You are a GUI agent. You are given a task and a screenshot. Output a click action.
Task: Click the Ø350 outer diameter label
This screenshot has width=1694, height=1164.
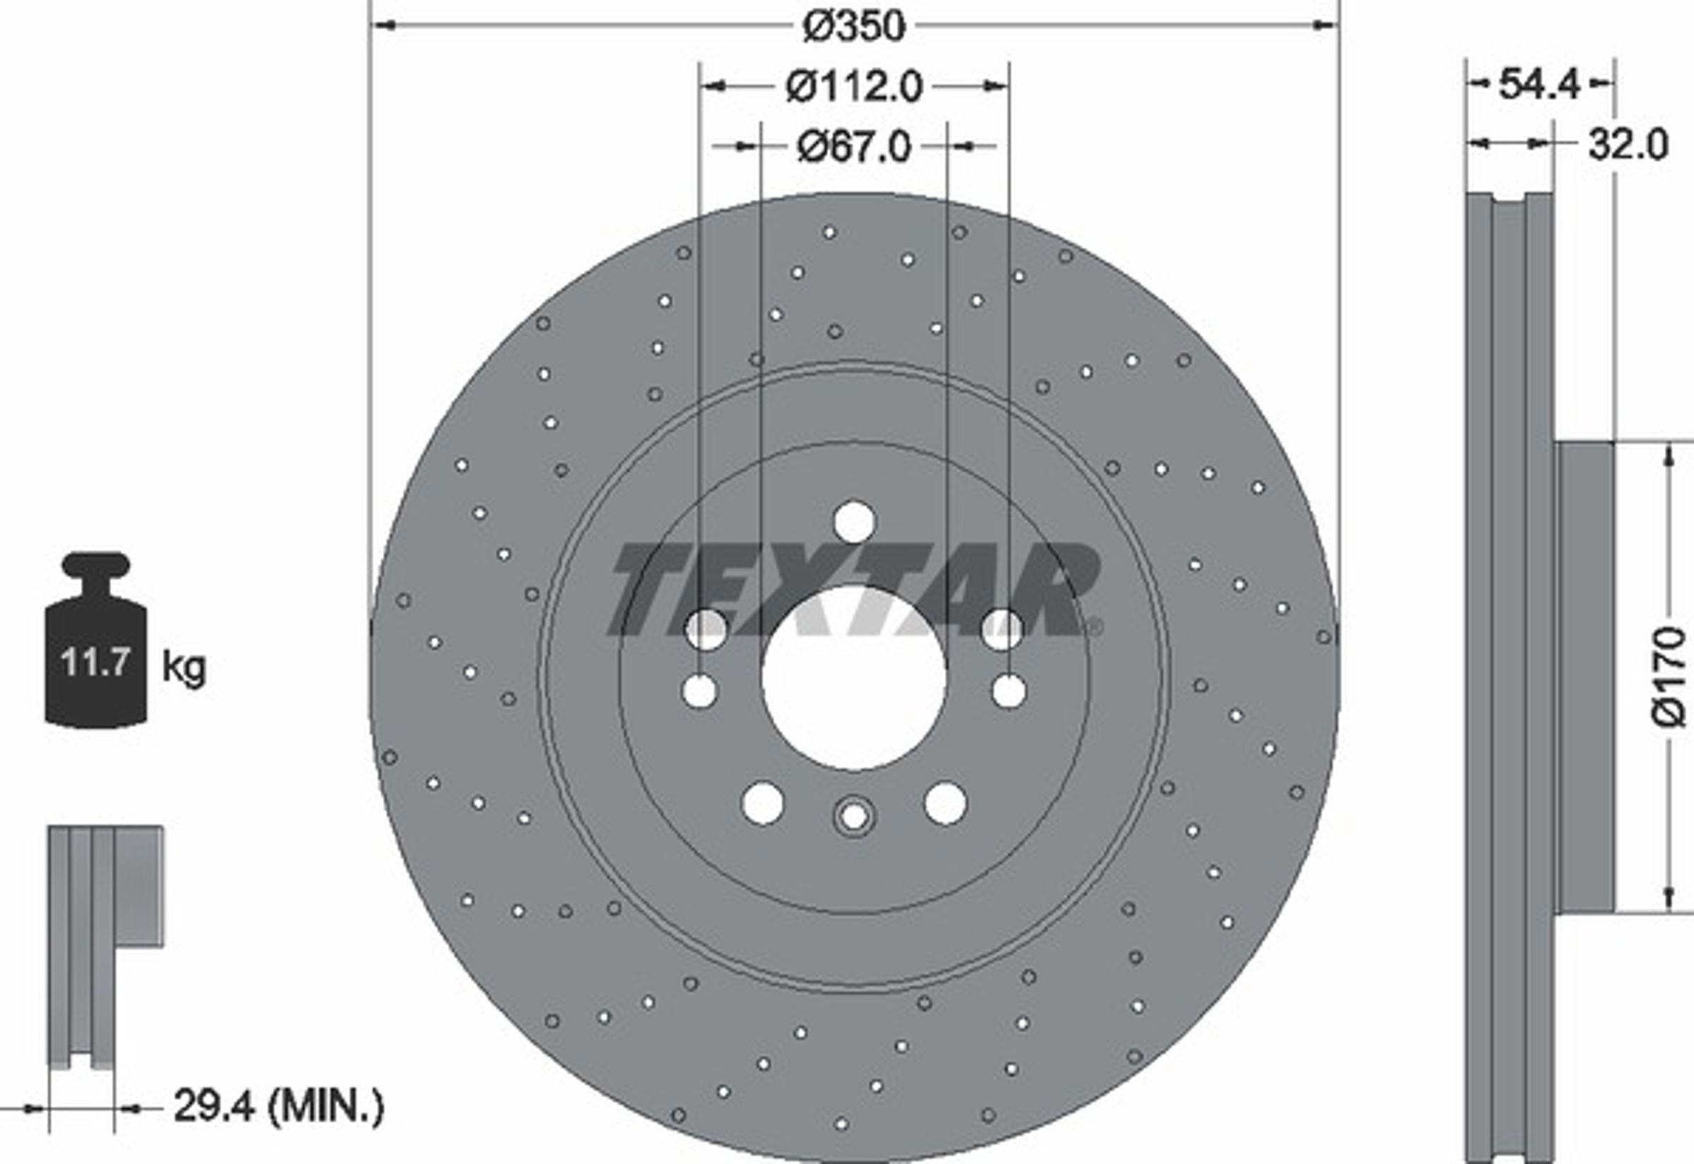pyautogui.click(x=853, y=26)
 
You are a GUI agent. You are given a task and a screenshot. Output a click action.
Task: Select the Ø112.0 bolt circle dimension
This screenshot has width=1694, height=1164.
pyautogui.click(x=854, y=87)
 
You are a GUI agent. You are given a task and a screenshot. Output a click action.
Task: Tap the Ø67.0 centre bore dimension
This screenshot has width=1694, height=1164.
pyautogui.click(x=853, y=147)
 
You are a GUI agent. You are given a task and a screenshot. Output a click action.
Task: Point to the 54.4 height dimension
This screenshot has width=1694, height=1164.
pyautogui.click(x=1539, y=85)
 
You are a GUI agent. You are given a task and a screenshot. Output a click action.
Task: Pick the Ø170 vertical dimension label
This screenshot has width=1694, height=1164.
pyautogui.click(x=1669, y=677)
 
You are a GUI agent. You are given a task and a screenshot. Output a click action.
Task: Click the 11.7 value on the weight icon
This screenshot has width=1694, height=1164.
pyautogui.click(x=95, y=663)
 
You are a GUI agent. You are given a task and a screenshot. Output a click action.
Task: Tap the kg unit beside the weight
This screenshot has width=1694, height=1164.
pyautogui.click(x=184, y=667)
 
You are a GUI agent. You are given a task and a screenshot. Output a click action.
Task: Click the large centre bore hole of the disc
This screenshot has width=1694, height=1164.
pyautogui.click(x=853, y=677)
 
